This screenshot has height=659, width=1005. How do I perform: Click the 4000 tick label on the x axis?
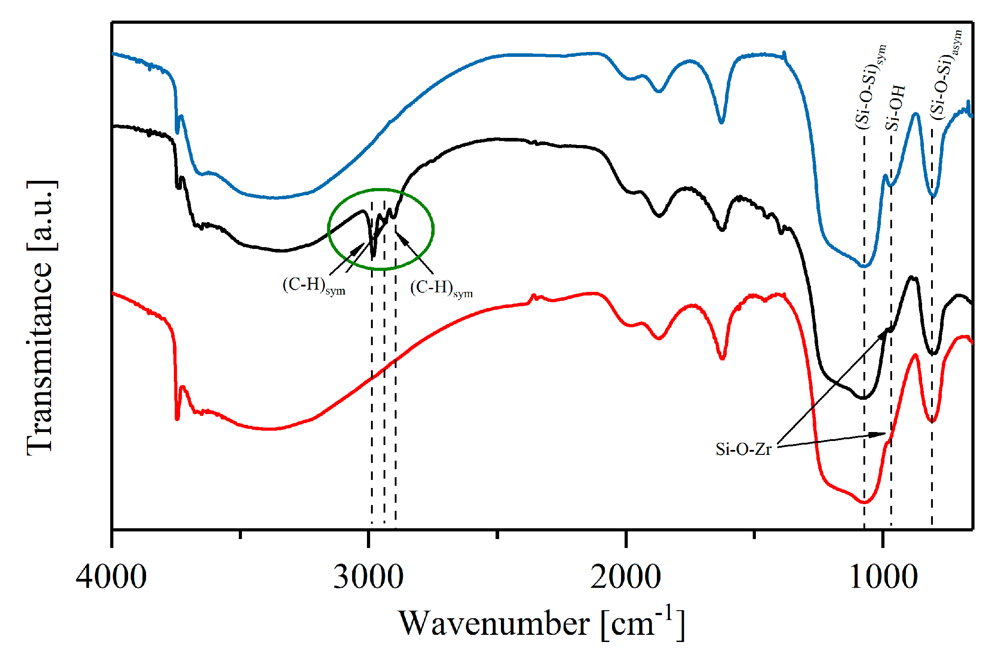pyautogui.click(x=111, y=578)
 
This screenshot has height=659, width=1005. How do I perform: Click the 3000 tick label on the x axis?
pyautogui.click(x=368, y=578)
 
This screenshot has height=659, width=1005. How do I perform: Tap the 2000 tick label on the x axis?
pyautogui.click(x=625, y=578)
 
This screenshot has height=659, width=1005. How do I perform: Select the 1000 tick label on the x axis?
pyautogui.click(x=883, y=578)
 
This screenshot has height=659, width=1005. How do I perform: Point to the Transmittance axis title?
pyautogui.click(x=41, y=318)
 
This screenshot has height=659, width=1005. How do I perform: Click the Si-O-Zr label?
pyautogui.click(x=743, y=449)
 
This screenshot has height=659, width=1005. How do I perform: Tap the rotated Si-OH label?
pyautogui.click(x=895, y=107)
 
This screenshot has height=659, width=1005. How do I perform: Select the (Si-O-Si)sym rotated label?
pyautogui.click(x=870, y=87)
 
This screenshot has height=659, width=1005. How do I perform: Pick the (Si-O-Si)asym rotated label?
pyautogui.click(x=945, y=74)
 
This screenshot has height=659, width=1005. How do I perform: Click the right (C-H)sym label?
pyautogui.click(x=441, y=288)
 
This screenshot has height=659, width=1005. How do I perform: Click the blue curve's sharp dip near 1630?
pyautogui.click(x=721, y=122)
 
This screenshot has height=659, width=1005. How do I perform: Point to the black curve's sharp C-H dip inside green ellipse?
pyautogui.click(x=373, y=256)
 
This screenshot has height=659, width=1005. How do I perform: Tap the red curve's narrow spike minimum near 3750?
pyautogui.click(x=177, y=419)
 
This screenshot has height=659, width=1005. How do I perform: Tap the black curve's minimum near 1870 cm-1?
pyautogui.click(x=659, y=216)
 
